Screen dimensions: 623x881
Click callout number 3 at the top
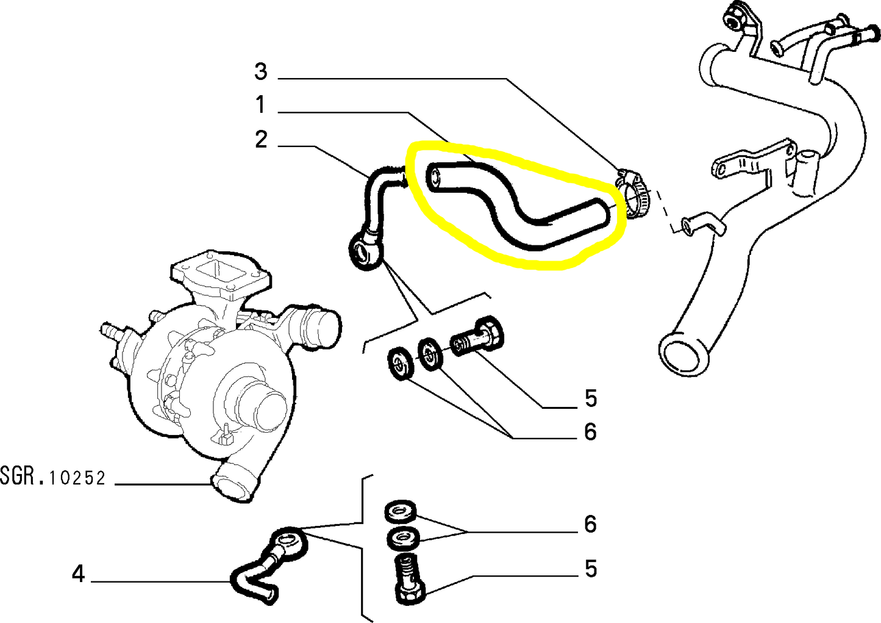[261, 71]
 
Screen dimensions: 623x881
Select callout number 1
[260, 105]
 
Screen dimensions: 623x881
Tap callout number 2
[261, 140]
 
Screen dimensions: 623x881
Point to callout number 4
[78, 574]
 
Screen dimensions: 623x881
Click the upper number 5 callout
[590, 398]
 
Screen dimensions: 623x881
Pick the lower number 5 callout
[590, 569]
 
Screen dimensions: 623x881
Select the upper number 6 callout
[590, 432]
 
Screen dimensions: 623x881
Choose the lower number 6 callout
[590, 524]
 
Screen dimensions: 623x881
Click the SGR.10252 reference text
[53, 477]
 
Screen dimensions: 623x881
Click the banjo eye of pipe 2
[364, 251]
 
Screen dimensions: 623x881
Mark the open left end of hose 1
[434, 176]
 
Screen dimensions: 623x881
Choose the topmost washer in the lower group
[400, 510]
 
